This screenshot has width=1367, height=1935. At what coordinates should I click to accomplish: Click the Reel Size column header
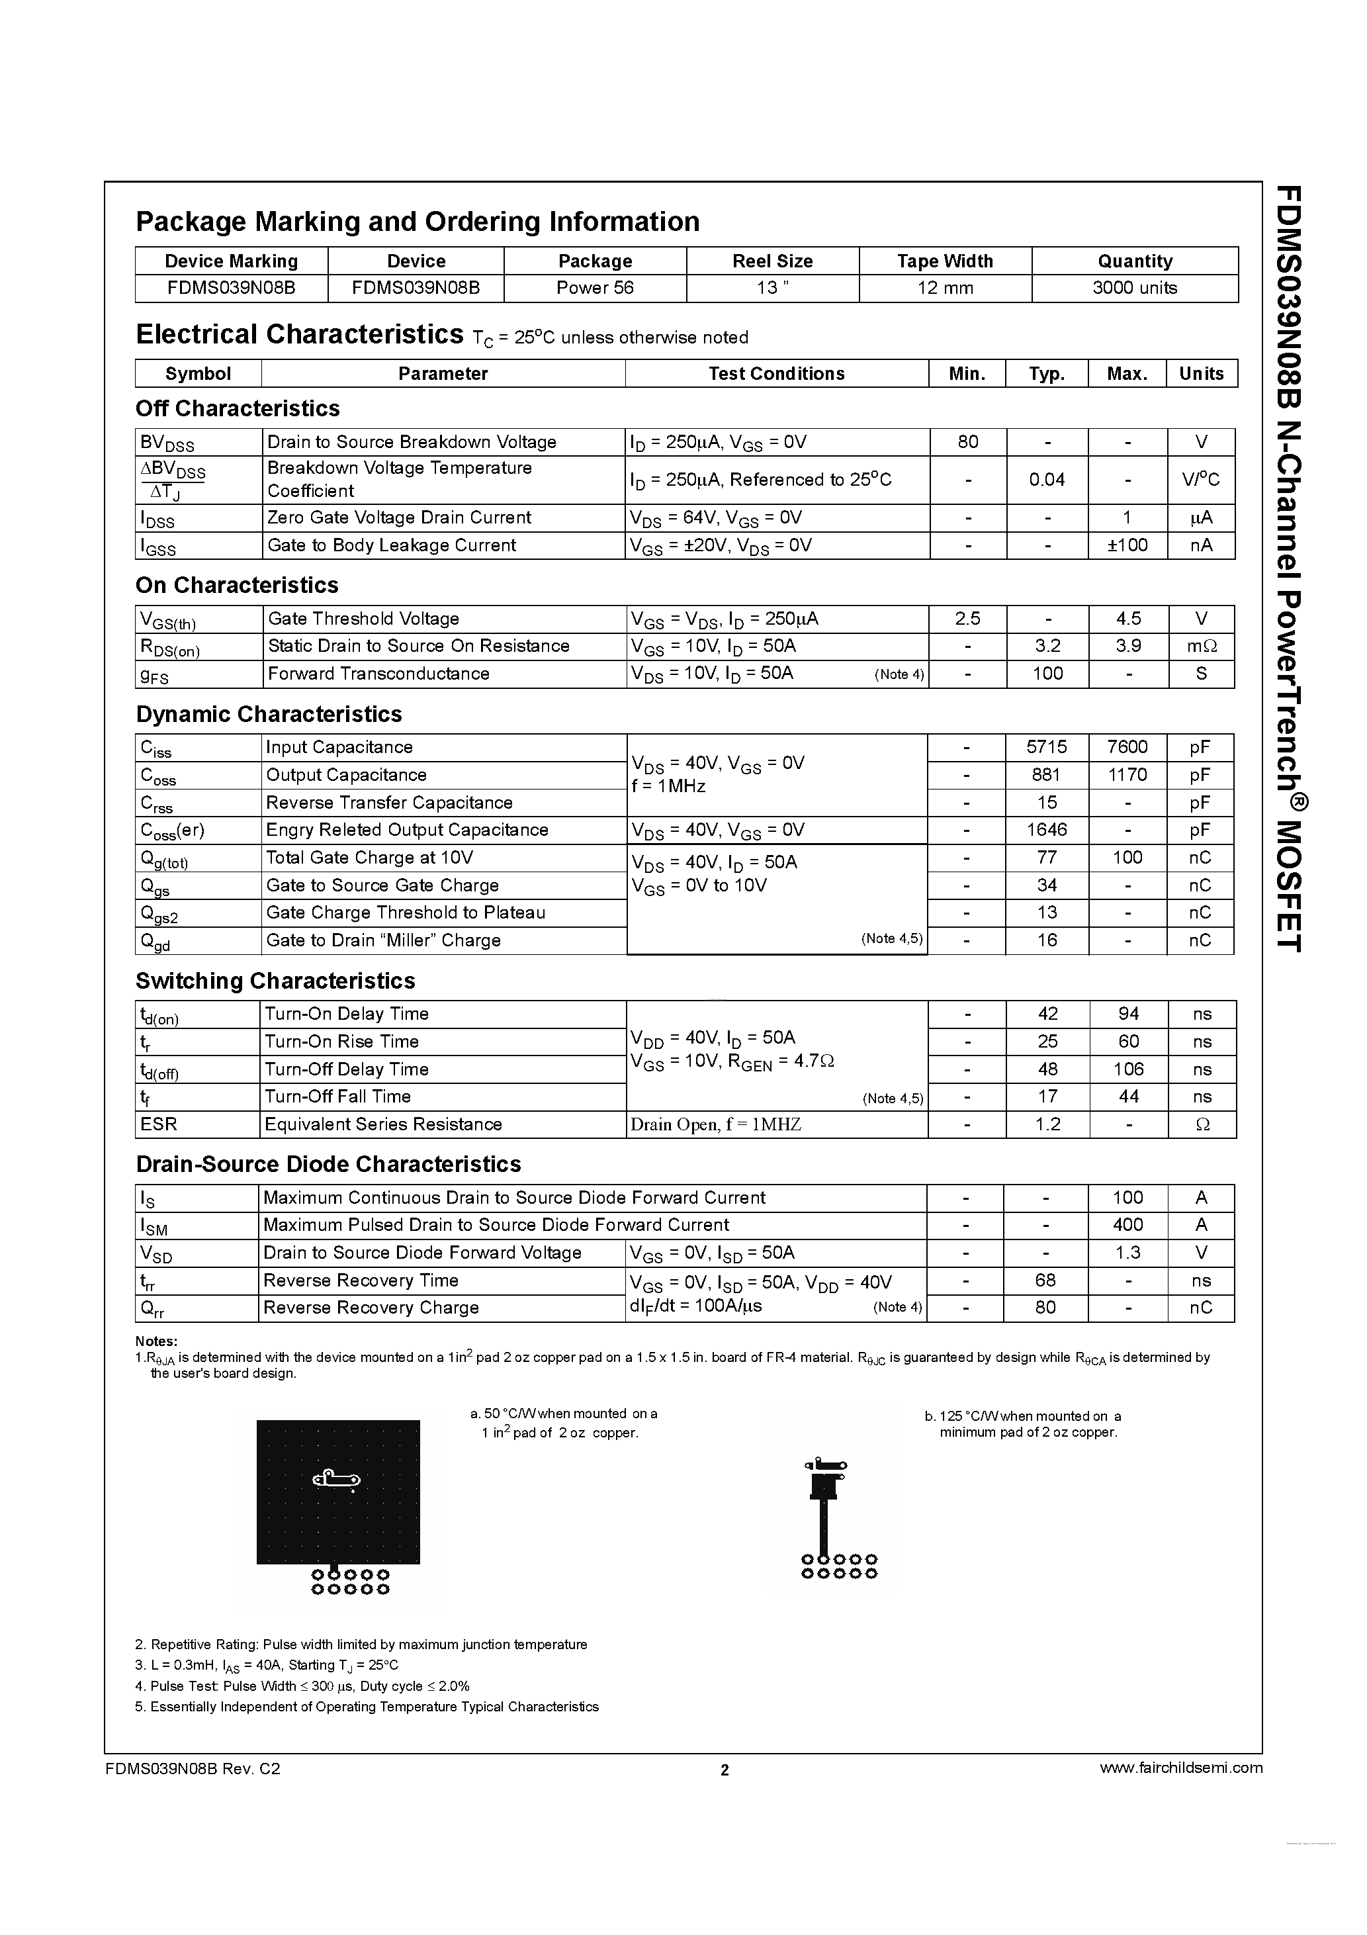(x=772, y=261)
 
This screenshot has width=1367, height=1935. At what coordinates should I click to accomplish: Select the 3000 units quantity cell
(x=1134, y=287)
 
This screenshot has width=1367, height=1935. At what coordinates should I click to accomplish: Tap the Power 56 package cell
(x=594, y=287)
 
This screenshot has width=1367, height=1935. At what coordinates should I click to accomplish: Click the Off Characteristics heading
(x=238, y=409)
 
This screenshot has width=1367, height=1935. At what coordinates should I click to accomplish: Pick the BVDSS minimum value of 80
(x=967, y=441)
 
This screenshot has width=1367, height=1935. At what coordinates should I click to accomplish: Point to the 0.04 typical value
(x=1047, y=480)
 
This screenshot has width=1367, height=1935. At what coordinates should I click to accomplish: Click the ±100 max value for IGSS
(x=1127, y=545)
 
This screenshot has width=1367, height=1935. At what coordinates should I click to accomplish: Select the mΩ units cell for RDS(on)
(x=1201, y=647)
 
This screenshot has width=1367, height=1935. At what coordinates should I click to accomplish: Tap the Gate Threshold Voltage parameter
(x=363, y=619)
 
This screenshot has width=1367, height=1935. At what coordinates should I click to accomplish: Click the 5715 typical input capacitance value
(x=1047, y=746)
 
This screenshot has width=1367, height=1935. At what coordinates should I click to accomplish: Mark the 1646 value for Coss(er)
(x=1047, y=830)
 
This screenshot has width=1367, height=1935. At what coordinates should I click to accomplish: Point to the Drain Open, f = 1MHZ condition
(x=715, y=1124)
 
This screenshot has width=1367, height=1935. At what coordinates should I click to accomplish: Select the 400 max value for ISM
(x=1127, y=1224)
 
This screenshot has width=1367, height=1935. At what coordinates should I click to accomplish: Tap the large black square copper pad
(x=338, y=1492)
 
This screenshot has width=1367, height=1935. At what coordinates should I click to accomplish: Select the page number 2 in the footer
(x=724, y=1770)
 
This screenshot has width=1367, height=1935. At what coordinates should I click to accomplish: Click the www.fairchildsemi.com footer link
(x=1180, y=1768)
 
